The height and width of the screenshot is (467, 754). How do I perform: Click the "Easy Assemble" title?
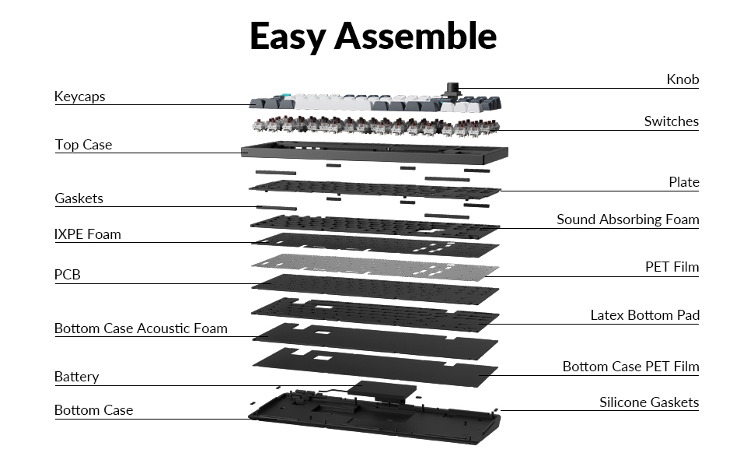(373, 37)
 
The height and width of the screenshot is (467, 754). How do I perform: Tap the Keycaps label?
(79, 97)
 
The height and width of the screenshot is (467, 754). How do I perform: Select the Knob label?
(682, 79)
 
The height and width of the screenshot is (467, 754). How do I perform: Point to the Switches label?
(671, 121)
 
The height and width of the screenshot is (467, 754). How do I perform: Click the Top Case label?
(83, 145)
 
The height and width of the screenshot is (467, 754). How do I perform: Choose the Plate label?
(683, 182)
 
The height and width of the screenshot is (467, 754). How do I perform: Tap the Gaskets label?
(79, 198)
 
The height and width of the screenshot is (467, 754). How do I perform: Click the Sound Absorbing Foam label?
(627, 219)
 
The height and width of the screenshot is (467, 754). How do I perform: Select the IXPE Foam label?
(87, 233)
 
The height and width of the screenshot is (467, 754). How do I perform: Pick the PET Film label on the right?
(672, 267)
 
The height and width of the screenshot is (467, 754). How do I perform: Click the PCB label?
(68, 275)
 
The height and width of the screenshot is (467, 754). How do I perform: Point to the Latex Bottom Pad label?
(644, 315)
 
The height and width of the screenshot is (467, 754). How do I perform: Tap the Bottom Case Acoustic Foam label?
(141, 328)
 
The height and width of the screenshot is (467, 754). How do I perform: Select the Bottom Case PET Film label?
(630, 367)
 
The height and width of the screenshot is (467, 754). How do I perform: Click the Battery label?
(76, 377)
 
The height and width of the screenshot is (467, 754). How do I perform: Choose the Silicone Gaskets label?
(648, 402)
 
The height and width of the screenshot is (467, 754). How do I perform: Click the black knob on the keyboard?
(450, 88)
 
